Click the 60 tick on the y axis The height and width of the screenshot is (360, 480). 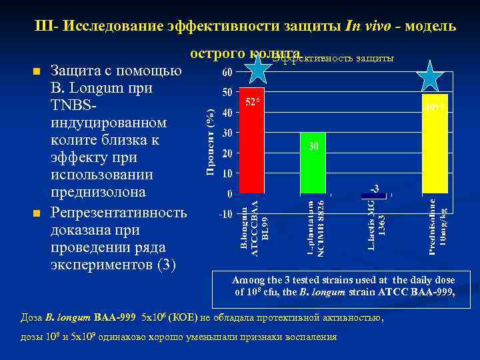pos(227,71)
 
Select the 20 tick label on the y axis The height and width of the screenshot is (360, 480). pos(227,153)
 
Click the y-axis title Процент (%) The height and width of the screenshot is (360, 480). pos(209,143)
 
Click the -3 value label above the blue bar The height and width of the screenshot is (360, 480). pos(375,187)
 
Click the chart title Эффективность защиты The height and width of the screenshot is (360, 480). pos(333,58)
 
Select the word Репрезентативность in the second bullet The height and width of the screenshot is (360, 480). pos(119,213)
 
